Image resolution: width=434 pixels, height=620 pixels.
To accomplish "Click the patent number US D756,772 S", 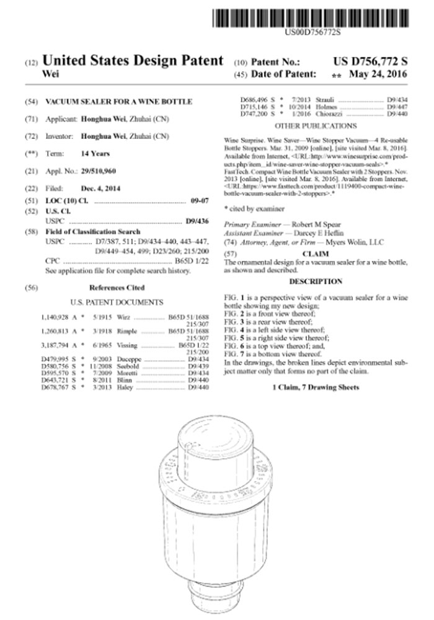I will (370, 61).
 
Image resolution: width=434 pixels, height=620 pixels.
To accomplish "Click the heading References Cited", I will (117, 288).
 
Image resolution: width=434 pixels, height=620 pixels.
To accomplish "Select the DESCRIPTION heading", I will (316, 281).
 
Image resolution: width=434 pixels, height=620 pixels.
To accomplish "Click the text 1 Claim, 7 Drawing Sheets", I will (316, 387).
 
